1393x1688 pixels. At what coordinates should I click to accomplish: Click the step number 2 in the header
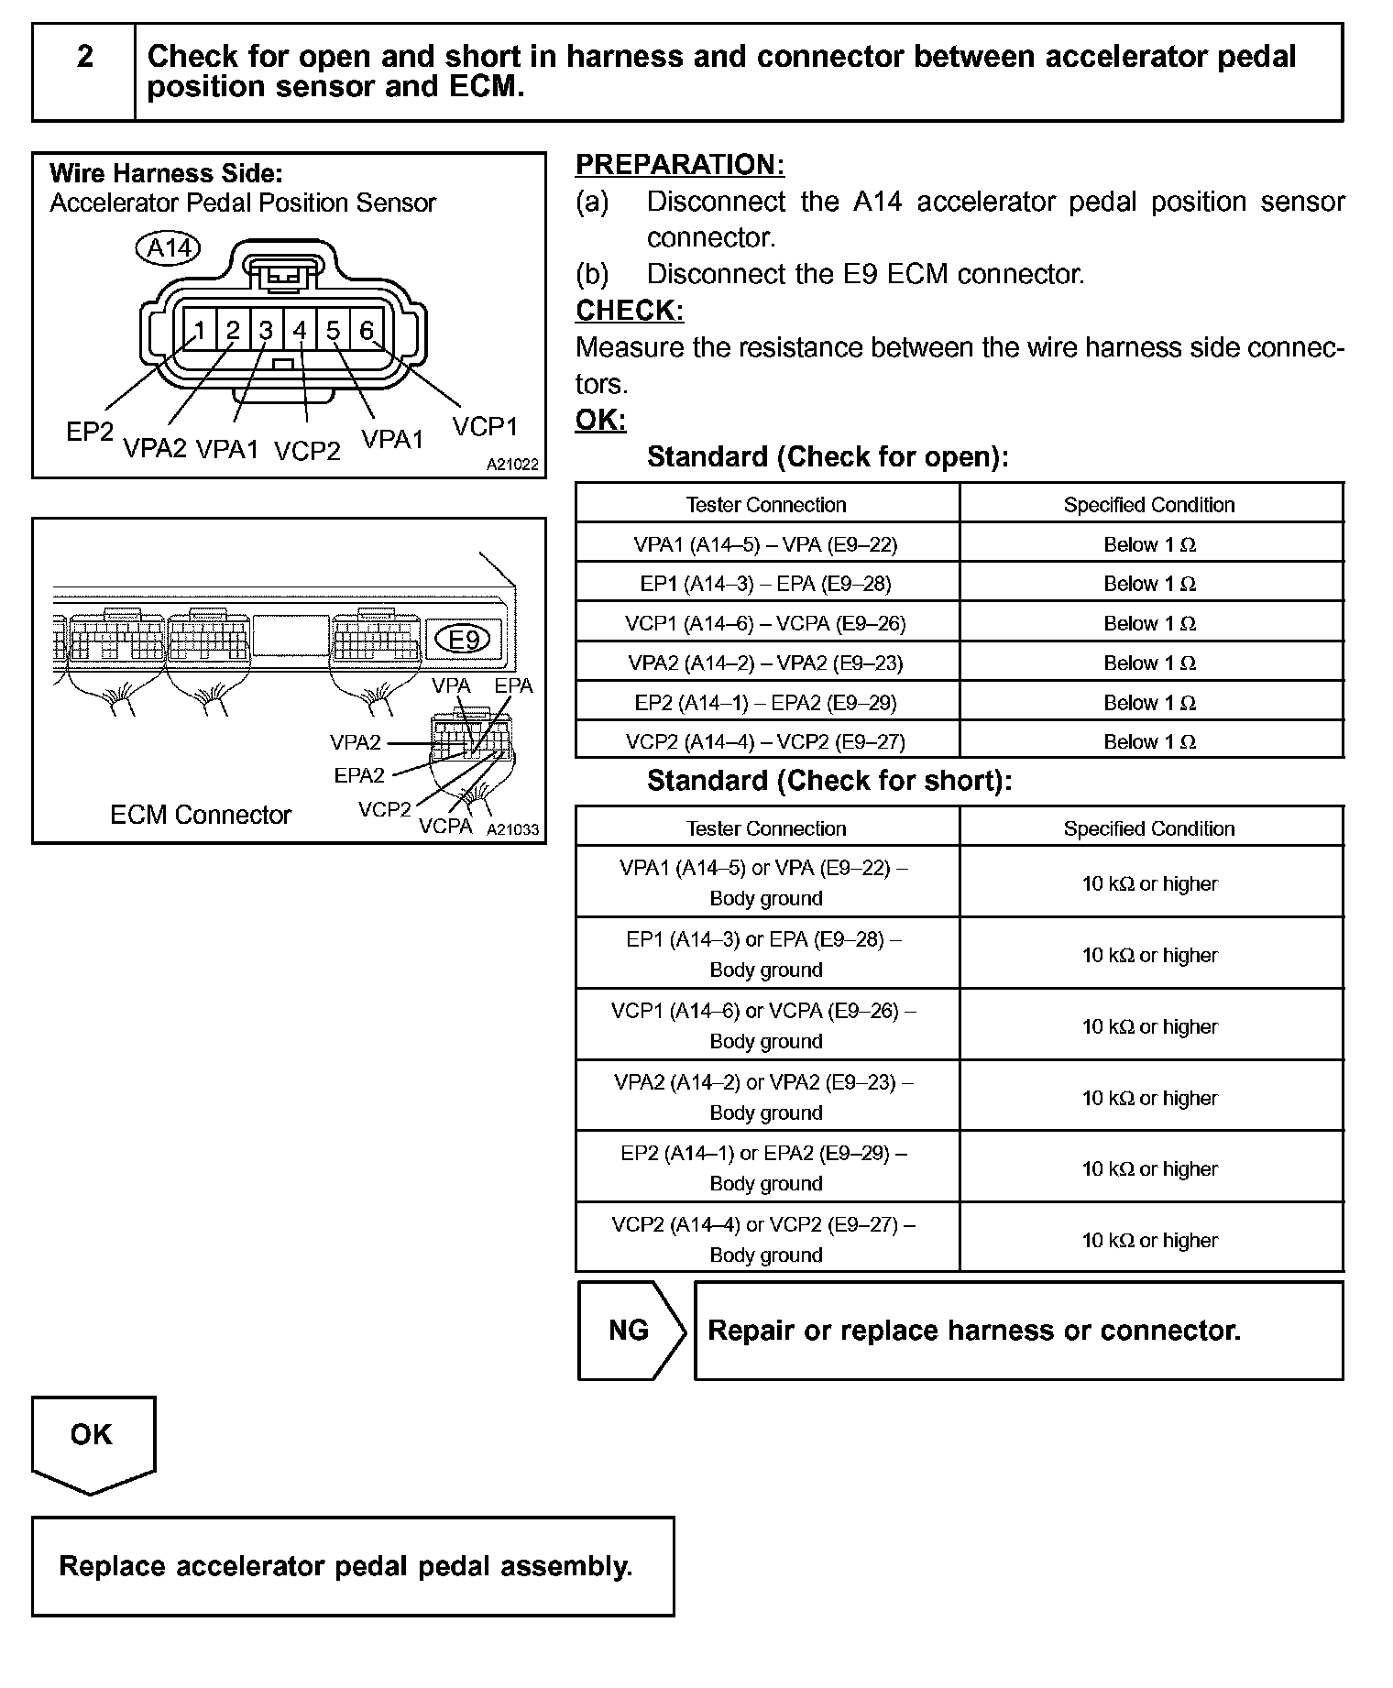(84, 57)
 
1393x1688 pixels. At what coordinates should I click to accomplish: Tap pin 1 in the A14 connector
(200, 330)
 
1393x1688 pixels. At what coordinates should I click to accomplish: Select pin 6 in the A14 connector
(366, 330)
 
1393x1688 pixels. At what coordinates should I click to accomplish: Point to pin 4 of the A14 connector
(300, 330)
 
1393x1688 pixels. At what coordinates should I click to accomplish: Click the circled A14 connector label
(170, 248)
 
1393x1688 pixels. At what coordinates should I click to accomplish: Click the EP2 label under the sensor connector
(89, 432)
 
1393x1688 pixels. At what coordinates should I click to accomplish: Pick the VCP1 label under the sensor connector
(485, 427)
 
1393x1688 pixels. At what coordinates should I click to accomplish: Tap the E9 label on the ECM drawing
(464, 639)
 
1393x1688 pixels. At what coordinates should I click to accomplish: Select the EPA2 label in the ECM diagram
(359, 775)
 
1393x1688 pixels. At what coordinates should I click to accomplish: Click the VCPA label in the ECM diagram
(445, 826)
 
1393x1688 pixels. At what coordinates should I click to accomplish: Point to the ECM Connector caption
(200, 815)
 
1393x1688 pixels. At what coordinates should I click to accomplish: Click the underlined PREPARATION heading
(679, 165)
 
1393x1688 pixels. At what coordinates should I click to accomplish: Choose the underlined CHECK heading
(630, 311)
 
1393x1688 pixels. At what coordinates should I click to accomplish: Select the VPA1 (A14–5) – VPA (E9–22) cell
(766, 544)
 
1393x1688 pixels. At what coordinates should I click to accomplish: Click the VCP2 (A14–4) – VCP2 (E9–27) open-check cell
(766, 741)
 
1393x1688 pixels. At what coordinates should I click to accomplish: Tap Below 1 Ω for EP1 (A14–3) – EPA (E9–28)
(1149, 584)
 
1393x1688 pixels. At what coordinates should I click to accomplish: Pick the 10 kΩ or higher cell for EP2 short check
(1149, 1168)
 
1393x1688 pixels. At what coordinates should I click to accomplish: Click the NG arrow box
(631, 1330)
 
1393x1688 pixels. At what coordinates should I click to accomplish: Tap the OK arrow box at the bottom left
(93, 1441)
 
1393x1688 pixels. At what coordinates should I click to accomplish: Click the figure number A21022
(512, 465)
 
